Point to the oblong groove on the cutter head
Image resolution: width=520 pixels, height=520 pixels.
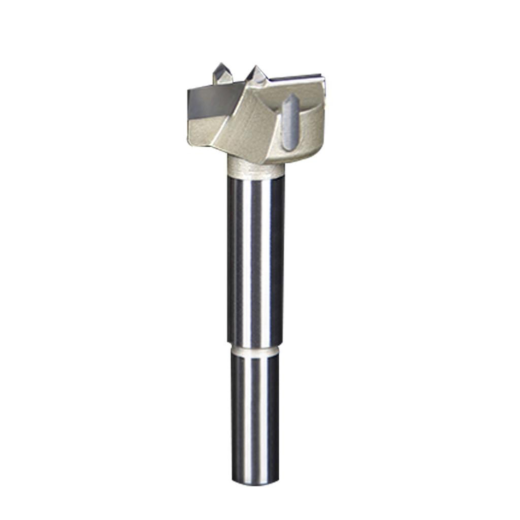289,122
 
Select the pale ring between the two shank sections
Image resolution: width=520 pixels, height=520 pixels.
255,350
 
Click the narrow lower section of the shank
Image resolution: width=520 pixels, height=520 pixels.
255,416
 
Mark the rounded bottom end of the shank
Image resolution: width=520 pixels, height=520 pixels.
255,482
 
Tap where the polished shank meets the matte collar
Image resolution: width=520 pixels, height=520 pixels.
255,177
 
